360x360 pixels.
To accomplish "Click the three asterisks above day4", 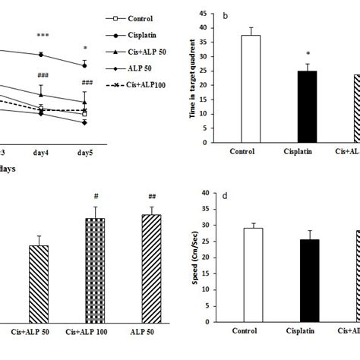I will (x=42, y=36).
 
